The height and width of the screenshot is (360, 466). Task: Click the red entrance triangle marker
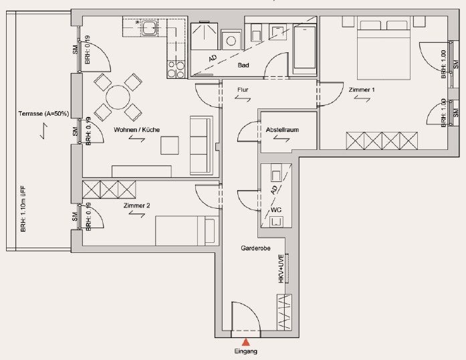coord(245,342)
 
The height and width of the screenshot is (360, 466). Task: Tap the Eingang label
coord(246,351)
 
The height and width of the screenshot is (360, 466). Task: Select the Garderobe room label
coord(255,248)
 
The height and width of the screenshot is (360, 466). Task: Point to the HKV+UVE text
coord(281,268)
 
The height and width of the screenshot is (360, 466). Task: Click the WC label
coord(276,210)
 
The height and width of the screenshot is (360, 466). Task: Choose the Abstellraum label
coord(282,130)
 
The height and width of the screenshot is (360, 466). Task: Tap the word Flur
coord(243,90)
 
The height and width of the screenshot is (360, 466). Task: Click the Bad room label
coord(243,65)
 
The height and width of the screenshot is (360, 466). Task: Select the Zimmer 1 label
coord(362,90)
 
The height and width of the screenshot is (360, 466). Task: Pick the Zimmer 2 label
coord(136,205)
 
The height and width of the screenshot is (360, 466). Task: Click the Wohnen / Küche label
coord(136,130)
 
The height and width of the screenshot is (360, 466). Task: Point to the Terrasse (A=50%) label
coord(43,114)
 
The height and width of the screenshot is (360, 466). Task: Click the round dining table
coord(118,97)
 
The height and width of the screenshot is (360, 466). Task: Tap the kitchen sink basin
coord(148,27)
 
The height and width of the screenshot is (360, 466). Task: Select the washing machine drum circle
coord(231,41)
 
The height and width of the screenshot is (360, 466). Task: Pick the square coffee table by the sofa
coord(170,145)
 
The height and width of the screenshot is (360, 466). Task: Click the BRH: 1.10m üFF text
coord(23,209)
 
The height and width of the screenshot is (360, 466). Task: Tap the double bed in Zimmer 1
coord(384,50)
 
